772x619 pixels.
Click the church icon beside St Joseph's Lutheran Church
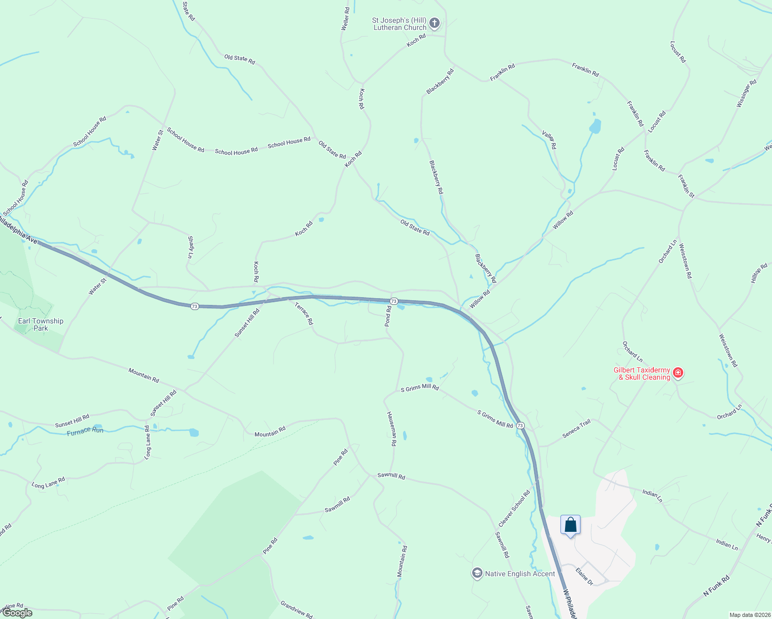[435, 23]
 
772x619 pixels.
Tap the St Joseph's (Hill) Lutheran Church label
[399, 24]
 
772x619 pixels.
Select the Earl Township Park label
[41, 324]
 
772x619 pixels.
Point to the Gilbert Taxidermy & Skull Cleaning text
[641, 373]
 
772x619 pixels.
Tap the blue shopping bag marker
[570, 526]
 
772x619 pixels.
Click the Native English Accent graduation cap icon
[477, 573]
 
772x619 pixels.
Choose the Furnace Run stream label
[85, 431]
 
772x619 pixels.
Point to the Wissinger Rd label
[746, 93]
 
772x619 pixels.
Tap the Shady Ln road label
[190, 247]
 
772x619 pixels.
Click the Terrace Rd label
[304, 313]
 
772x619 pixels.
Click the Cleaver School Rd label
[514, 508]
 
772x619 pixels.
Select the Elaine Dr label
[585, 576]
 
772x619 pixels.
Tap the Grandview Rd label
[296, 609]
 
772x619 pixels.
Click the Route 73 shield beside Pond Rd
[394, 301]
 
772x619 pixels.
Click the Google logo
[18, 613]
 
